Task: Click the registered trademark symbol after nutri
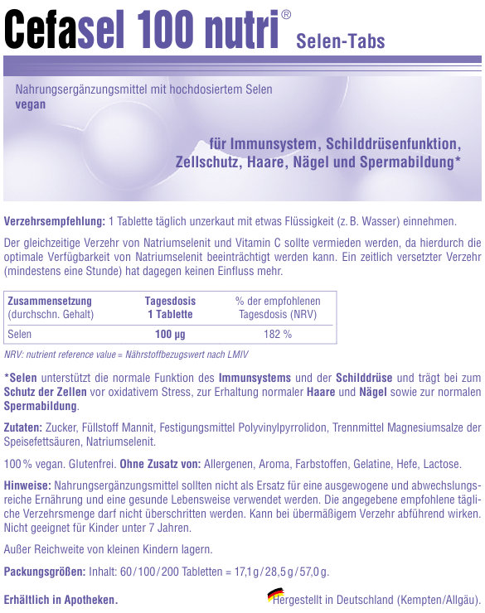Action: click(286, 14)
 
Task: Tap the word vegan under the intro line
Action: click(31, 104)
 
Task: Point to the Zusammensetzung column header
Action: click(49, 302)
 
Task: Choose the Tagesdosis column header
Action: click(170, 302)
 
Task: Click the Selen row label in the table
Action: click(19, 335)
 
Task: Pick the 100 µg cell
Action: click(170, 335)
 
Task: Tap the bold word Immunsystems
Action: click(255, 378)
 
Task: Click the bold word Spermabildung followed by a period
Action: click(41, 406)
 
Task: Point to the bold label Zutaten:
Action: click(23, 427)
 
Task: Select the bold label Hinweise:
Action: click(28, 485)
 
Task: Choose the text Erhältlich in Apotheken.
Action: click(61, 600)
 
